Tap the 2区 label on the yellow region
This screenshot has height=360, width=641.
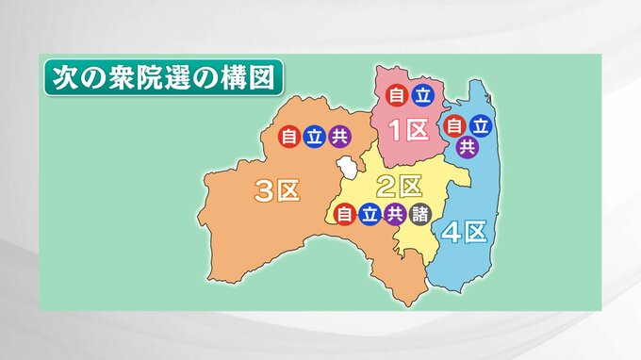pos(400,185)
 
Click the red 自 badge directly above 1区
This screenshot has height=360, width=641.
pos(397,94)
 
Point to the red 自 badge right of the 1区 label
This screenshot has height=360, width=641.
pos(455,124)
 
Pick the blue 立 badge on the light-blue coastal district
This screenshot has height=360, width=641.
pos(480,124)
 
